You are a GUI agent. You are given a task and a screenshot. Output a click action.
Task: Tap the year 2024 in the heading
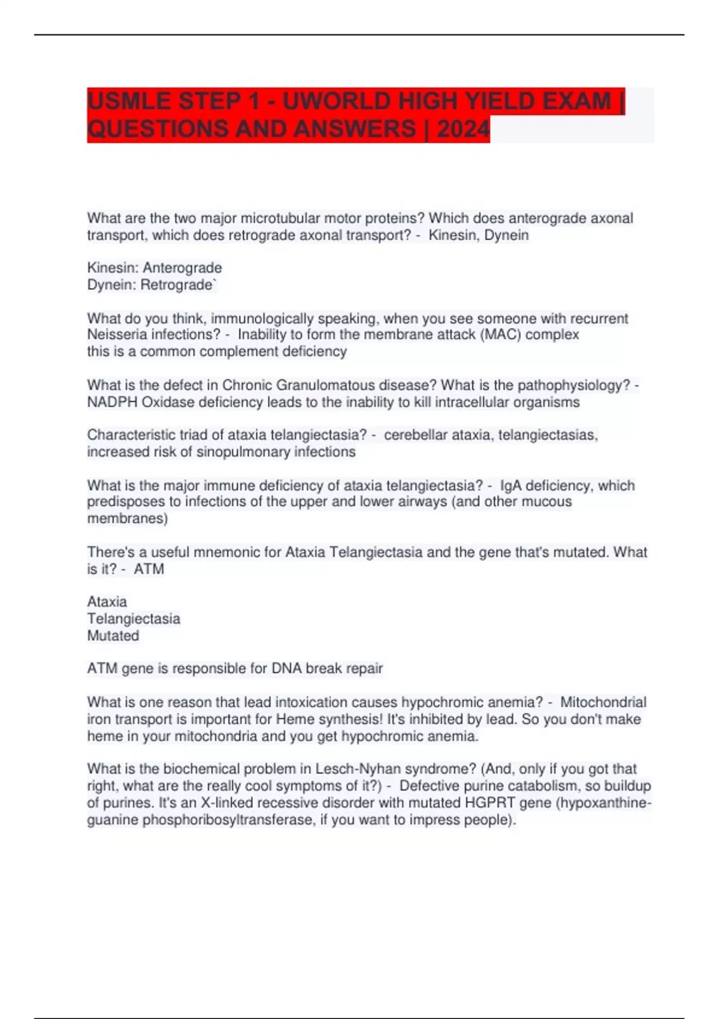463,129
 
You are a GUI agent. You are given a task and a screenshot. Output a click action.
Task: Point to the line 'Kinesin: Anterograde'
155,268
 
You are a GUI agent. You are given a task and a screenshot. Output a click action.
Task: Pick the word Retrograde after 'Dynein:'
177,285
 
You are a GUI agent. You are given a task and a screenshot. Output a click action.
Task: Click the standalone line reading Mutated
113,635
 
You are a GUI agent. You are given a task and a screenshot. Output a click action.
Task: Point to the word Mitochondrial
603,702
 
